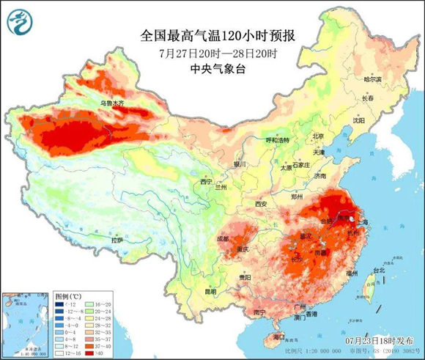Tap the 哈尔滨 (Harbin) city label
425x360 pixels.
[x=373, y=78]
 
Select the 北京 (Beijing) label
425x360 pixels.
[x=317, y=136]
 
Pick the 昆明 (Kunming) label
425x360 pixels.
[x=211, y=291]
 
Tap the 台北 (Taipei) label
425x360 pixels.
[x=378, y=271]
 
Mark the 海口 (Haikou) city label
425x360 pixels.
[x=278, y=337]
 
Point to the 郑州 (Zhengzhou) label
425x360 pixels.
[x=296, y=197]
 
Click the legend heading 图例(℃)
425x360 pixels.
[x=70, y=295]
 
